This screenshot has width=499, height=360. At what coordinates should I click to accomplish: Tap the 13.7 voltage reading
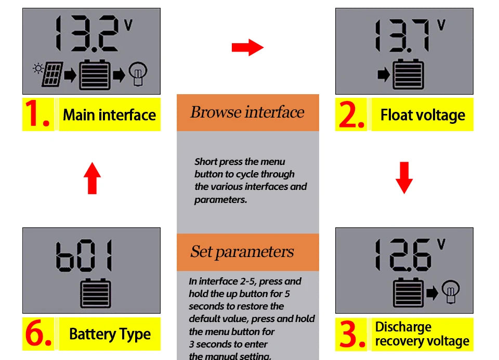403,36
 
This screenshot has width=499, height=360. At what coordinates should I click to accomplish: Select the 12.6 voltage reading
403,255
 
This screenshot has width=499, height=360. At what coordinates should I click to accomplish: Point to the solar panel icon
52,75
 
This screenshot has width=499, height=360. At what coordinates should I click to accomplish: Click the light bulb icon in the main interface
138,74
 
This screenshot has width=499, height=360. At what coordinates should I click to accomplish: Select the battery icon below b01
95,293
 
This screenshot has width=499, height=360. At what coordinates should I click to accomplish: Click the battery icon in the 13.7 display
408,75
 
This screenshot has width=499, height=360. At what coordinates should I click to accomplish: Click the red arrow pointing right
247,47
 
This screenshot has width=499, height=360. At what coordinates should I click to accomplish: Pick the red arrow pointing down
404,177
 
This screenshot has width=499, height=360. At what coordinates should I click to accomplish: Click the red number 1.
38,114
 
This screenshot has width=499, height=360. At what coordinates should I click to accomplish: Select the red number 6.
38,335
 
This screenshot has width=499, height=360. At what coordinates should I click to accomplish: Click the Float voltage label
422,114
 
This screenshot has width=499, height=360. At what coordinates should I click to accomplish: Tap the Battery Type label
110,334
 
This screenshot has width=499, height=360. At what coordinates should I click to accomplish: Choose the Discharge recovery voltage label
422,334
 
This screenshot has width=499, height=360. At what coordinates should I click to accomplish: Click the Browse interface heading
247,112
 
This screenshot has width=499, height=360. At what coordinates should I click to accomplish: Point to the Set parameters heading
242,252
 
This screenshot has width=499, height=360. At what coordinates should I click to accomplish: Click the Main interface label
109,114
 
